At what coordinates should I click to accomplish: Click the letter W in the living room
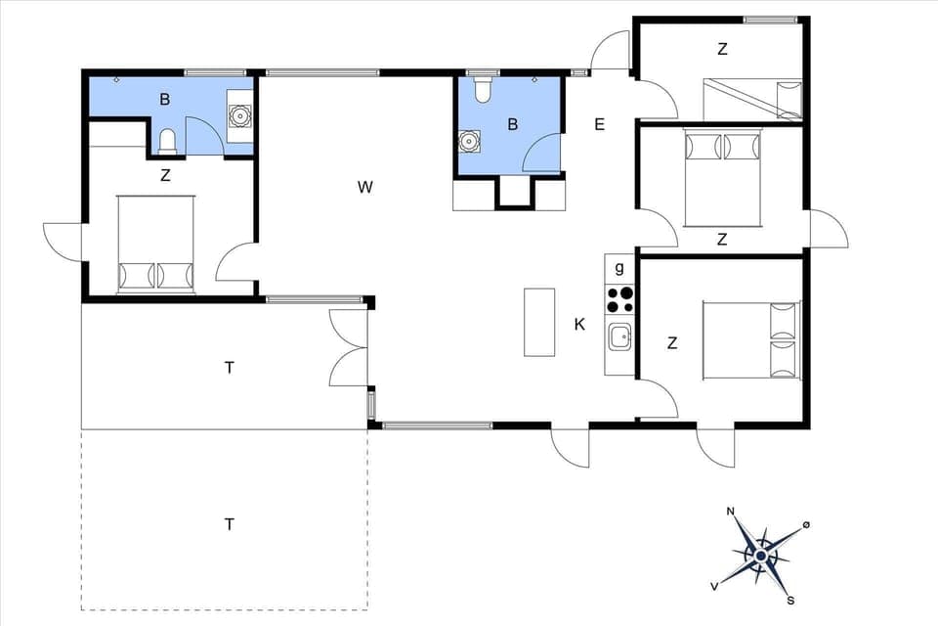364,187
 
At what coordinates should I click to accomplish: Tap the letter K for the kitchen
579,324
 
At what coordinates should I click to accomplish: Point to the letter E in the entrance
599,124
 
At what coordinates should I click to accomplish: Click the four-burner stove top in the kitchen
618,298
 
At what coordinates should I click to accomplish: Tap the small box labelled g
618,267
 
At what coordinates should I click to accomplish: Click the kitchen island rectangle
538,322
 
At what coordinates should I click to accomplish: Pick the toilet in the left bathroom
167,143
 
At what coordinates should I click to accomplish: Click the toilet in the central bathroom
482,91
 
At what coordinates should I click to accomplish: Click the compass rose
761,556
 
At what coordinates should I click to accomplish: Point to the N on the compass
730,512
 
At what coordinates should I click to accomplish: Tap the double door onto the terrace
349,347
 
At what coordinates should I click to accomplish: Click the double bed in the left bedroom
155,244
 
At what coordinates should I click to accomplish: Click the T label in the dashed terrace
230,524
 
